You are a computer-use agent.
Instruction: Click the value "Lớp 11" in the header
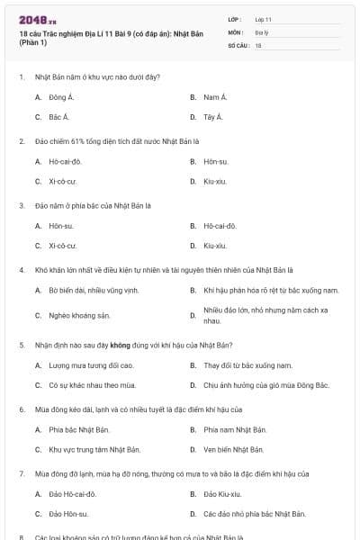[x=263, y=18]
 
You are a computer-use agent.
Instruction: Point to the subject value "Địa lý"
[x=261, y=31]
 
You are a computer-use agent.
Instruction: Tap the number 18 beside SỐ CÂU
[x=258, y=45]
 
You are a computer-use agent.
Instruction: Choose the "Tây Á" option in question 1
[x=214, y=117]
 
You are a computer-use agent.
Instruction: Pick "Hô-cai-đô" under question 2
[x=65, y=162]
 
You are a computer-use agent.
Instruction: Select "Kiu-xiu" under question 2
[x=215, y=182]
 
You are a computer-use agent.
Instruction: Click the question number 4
[x=21, y=270]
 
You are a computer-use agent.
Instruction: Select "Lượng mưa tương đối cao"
[x=91, y=365]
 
